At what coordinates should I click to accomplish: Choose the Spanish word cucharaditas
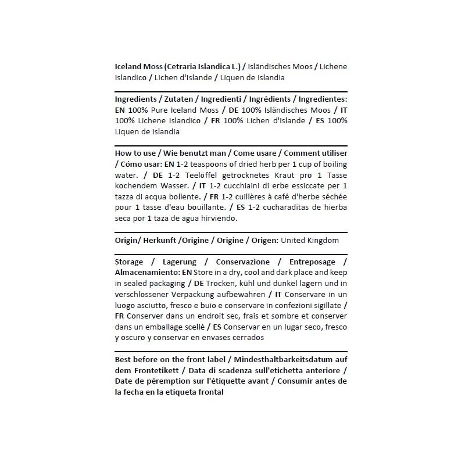tap(286, 208)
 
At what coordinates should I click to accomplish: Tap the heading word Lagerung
tap(179, 262)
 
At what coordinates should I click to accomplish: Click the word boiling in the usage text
tap(333, 164)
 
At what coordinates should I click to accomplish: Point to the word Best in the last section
tap(124, 359)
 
